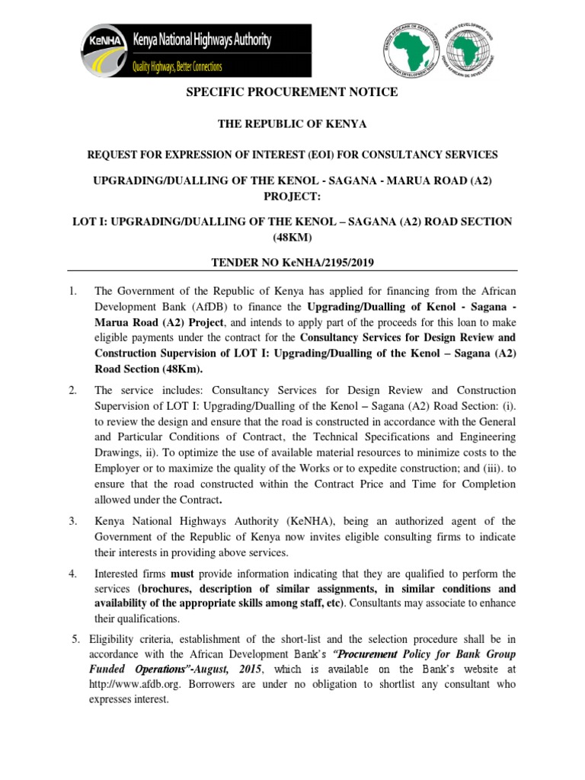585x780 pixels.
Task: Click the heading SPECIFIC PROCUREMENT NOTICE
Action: tap(292, 92)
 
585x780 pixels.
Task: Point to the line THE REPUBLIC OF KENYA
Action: tap(292, 124)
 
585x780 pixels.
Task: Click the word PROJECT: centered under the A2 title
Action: tap(292, 200)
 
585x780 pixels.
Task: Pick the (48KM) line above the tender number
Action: tap(292, 236)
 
